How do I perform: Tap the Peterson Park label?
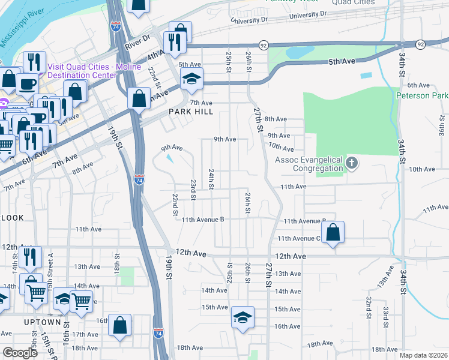(423, 96)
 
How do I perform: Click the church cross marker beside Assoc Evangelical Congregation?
(352, 163)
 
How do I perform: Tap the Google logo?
(20, 353)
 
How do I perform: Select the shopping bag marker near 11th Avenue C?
(333, 233)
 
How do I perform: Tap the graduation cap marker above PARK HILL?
(192, 79)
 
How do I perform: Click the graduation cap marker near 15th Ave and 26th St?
(243, 317)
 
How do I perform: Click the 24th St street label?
(211, 179)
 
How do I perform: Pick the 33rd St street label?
(385, 314)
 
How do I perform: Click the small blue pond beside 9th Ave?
(170, 158)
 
